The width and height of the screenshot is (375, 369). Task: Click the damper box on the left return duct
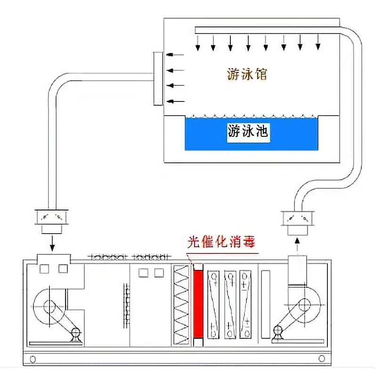[x=52, y=218]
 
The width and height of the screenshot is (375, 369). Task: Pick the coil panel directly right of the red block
[x=214, y=304]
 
